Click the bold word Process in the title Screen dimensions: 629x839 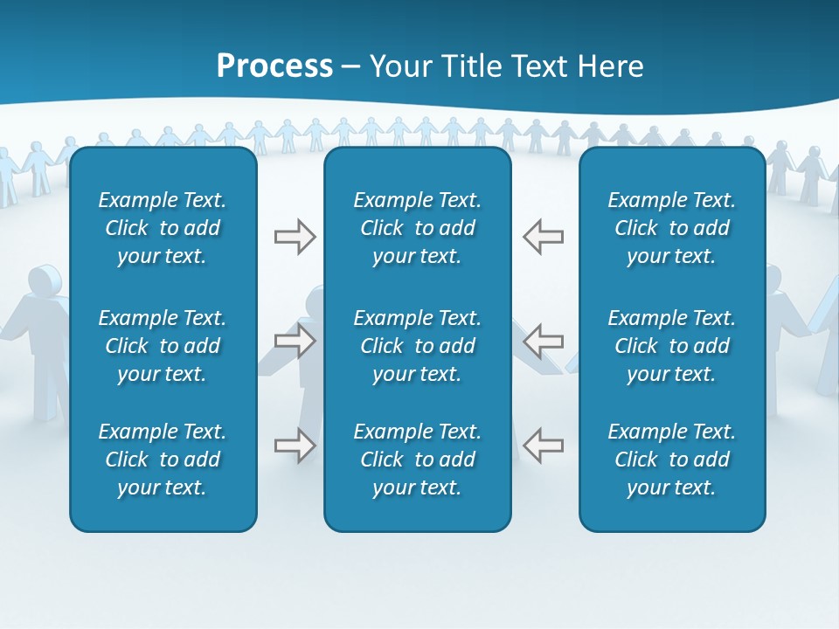tap(274, 66)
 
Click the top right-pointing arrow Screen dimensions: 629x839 tap(295, 237)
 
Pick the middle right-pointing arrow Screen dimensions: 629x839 tap(295, 341)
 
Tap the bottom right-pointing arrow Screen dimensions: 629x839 tap(295, 445)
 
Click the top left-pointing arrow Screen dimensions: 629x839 tap(543, 237)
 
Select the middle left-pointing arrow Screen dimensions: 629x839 tap(543, 341)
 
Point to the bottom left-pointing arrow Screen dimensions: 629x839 tap(543, 445)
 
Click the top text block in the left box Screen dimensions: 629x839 tap(163, 228)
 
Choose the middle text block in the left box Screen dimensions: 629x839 tap(163, 346)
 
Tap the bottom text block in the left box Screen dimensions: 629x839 tap(163, 460)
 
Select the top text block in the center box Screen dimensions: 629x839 tap(417, 228)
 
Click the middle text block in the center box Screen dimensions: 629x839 tap(417, 346)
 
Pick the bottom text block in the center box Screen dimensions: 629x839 tap(417, 460)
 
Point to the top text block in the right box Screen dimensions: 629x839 tap(671, 228)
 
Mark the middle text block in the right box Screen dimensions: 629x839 tap(671, 346)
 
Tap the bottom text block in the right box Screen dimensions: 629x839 tap(671, 460)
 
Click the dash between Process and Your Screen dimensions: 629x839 tap(351, 67)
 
